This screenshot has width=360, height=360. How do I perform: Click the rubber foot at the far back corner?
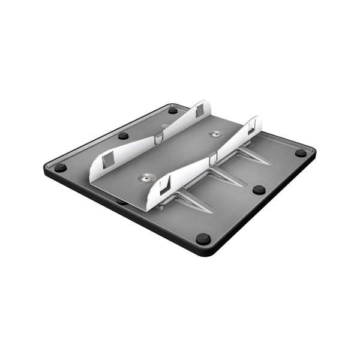(173, 110)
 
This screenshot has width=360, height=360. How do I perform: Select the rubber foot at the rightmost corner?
(301, 153)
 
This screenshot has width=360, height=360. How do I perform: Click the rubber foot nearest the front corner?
(203, 239)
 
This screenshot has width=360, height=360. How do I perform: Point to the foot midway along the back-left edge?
(124, 136)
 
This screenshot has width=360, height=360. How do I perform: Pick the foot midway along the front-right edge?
(259, 190)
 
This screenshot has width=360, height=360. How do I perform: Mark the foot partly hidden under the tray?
(122, 201)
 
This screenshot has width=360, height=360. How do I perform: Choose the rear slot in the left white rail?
(199, 109)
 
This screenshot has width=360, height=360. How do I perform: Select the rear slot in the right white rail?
(251, 126)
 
